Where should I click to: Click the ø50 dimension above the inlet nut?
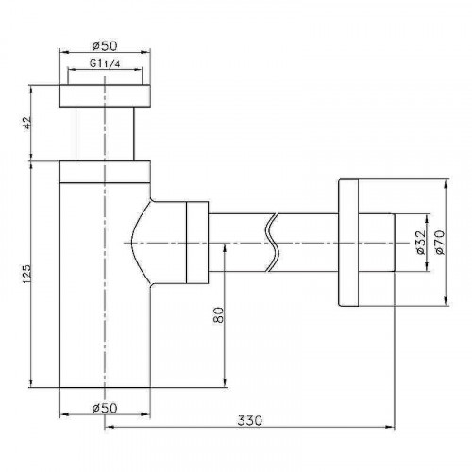click(x=105, y=45)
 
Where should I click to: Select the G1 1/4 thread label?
click(x=105, y=64)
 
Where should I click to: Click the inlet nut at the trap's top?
click(x=105, y=96)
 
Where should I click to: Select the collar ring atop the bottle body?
click(x=105, y=171)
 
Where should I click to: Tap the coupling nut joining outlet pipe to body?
click(x=195, y=243)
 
